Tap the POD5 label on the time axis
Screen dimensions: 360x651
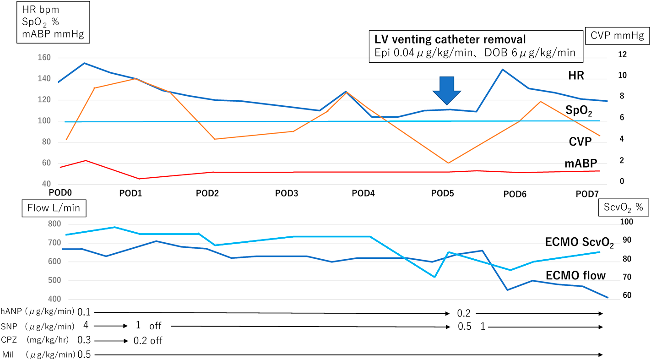[x=442, y=193]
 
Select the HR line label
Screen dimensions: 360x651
[x=575, y=76]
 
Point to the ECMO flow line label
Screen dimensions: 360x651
[x=575, y=275]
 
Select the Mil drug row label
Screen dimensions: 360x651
[x=8, y=355]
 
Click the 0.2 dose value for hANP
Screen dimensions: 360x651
[x=464, y=314]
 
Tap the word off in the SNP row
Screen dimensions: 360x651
[x=155, y=326]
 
